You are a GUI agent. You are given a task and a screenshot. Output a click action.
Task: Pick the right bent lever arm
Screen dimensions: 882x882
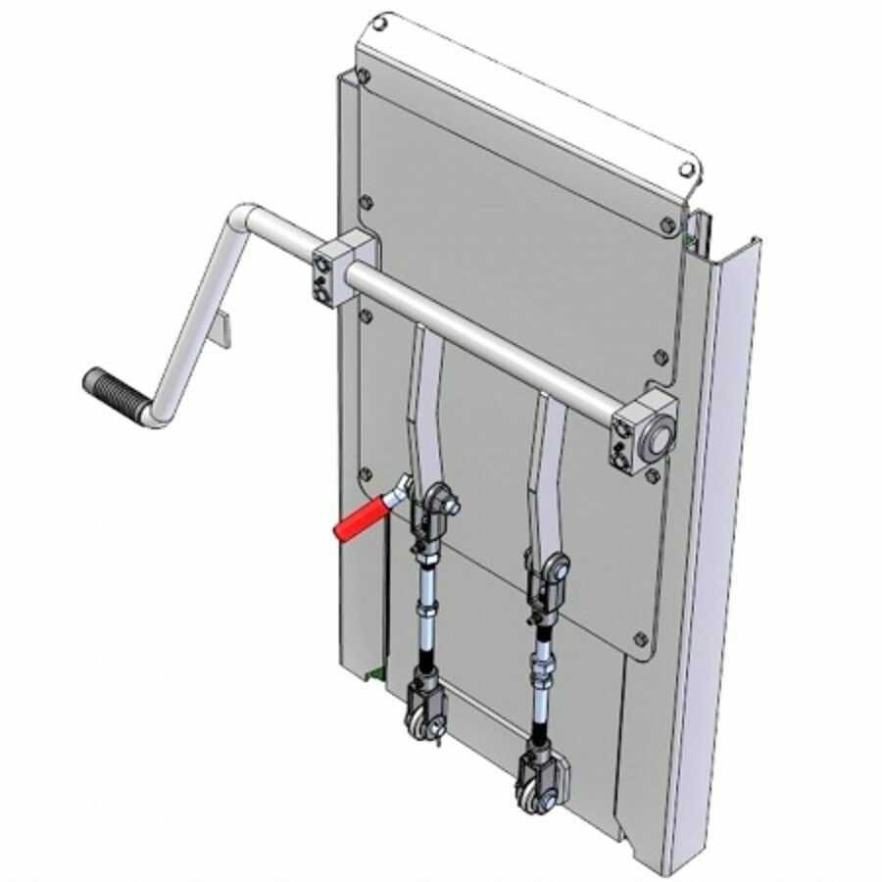click(545, 470)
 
